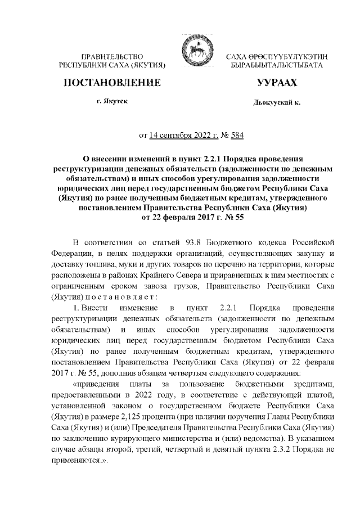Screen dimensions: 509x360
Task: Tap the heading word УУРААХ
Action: [277, 83]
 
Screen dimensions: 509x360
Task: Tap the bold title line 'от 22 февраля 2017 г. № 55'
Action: [184, 217]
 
